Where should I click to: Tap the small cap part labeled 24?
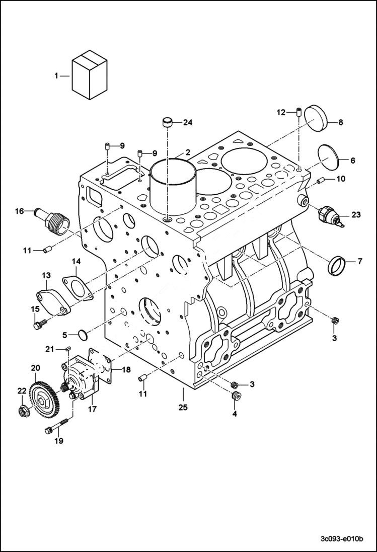pos(167,123)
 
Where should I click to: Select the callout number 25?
pos(183,407)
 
